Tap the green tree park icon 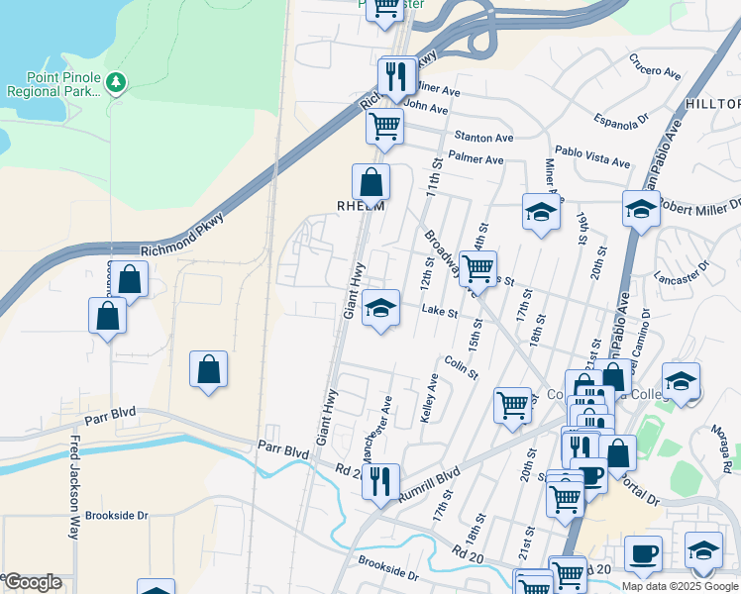click(x=117, y=80)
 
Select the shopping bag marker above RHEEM click(x=370, y=182)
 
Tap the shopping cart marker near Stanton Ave click(x=384, y=126)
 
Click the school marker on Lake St click(x=380, y=308)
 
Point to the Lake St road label click(x=439, y=311)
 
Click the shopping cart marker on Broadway click(x=478, y=266)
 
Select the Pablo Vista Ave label click(x=592, y=161)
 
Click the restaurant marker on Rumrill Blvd click(x=380, y=481)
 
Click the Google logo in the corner click(x=32, y=582)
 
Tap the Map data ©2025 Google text click(x=680, y=586)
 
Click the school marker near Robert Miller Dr click(x=641, y=209)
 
